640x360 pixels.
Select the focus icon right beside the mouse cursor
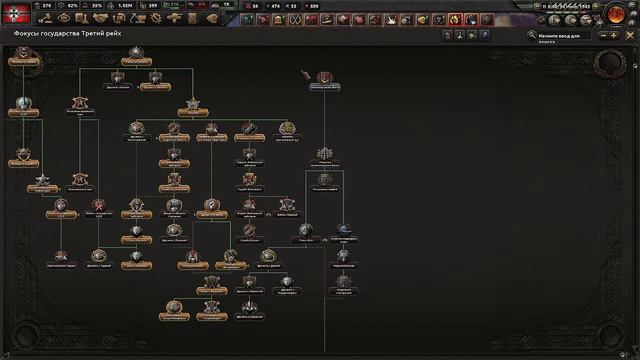click(325, 78)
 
